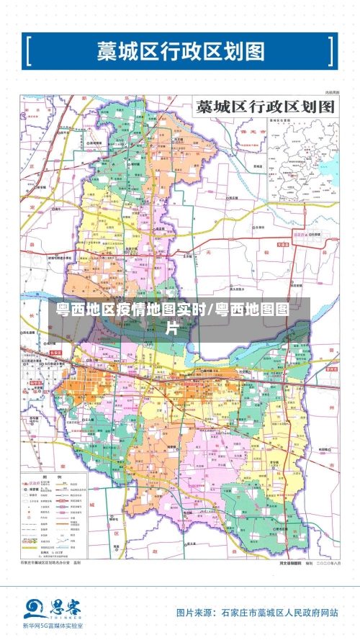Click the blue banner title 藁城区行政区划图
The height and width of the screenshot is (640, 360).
(181, 51)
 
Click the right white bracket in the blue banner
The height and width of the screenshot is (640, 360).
(330, 51)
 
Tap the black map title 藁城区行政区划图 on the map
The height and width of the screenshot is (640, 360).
(266, 107)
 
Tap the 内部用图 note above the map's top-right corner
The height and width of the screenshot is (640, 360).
(330, 93)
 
